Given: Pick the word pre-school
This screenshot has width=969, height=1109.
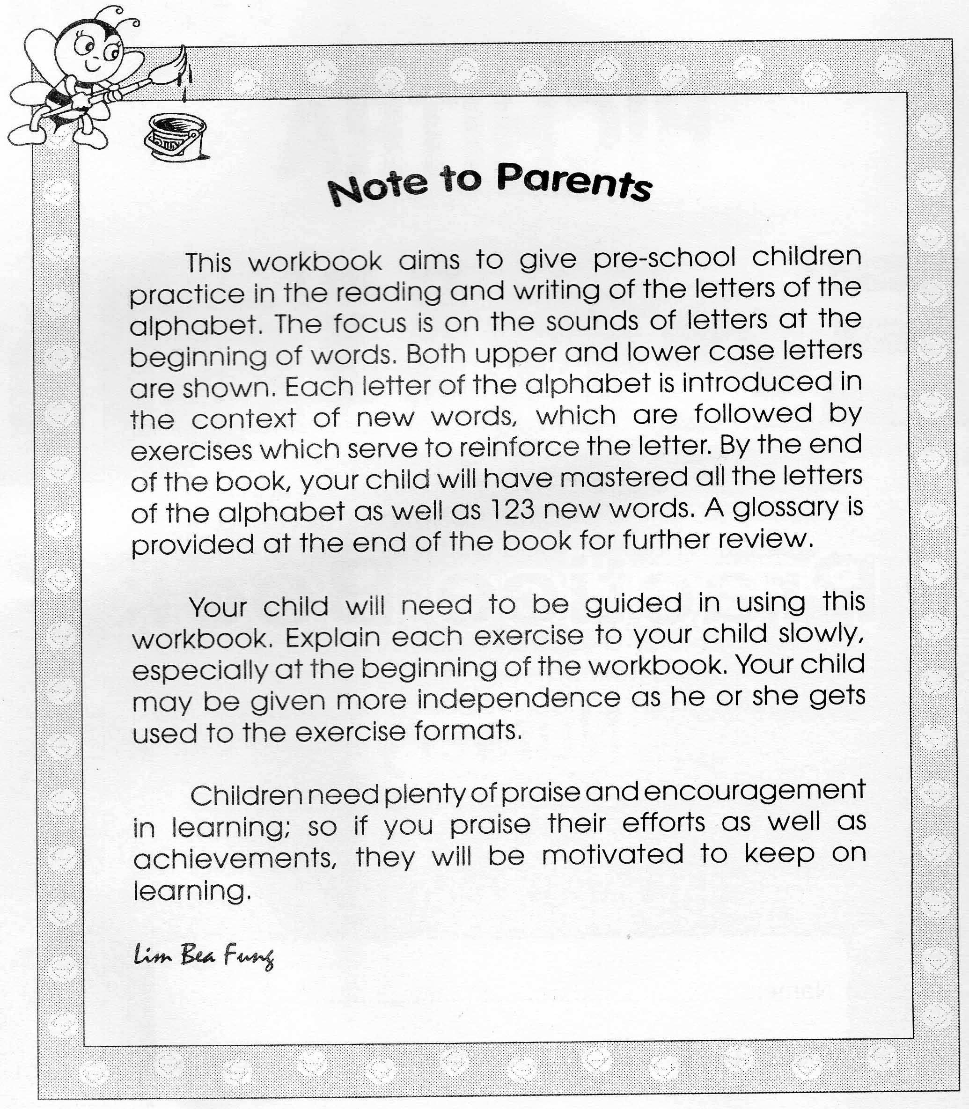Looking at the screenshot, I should pos(665,258).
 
